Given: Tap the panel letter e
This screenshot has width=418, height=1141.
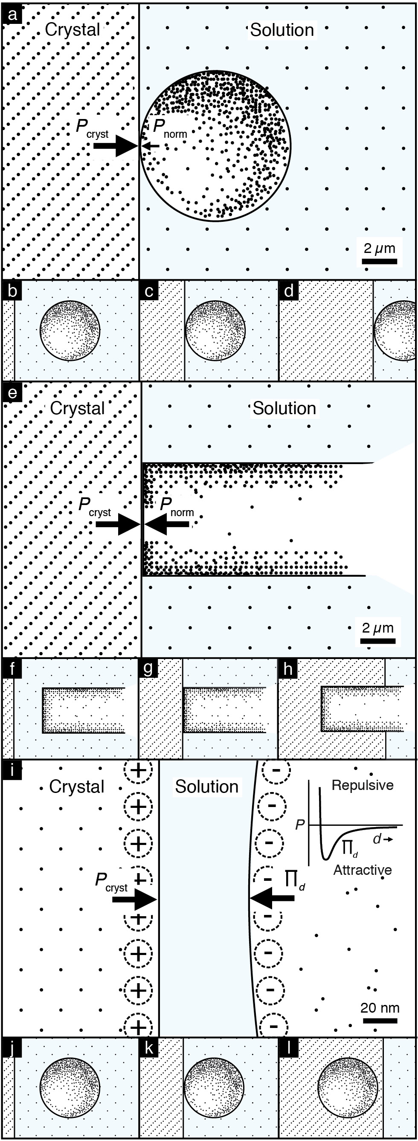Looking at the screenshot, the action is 12,392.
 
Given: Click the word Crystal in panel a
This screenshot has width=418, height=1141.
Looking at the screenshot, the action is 73,30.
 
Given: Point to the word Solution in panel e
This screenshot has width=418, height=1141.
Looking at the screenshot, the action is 284,408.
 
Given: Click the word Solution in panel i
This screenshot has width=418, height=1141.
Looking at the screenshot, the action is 207,787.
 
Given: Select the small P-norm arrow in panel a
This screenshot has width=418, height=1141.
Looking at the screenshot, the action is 151,145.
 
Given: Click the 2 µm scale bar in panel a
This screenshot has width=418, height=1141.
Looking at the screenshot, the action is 380,261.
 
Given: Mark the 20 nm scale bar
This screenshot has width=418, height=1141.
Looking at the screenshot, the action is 380,1021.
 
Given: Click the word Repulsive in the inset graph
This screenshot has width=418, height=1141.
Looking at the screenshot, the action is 363,785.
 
